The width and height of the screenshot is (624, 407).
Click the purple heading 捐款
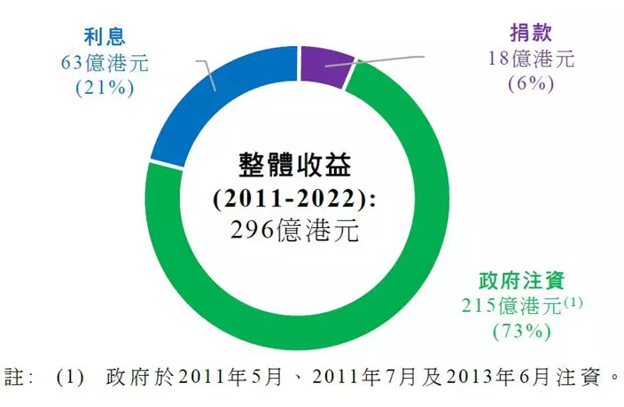pyautogui.click(x=531, y=34)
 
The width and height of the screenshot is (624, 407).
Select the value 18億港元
pyautogui.click(x=531, y=59)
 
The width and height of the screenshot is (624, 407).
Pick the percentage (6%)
pyautogui.click(x=531, y=84)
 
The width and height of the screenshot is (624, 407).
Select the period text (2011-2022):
pyautogui.click(x=294, y=197)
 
